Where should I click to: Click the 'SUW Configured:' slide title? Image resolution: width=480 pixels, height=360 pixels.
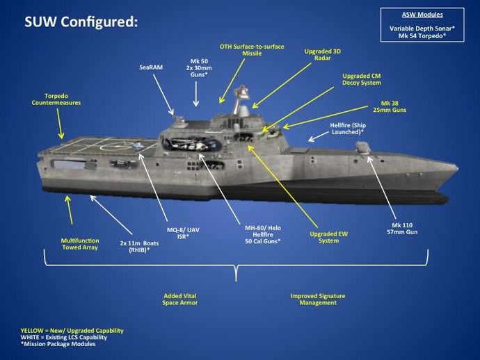tap(81, 22)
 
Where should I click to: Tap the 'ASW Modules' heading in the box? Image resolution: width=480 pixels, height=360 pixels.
tap(422, 15)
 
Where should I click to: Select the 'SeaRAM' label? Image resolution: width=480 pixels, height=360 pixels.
tap(151, 67)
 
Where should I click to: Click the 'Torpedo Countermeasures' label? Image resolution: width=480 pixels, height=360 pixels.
tap(56, 99)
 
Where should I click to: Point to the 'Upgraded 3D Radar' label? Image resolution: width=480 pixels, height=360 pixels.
tap(322, 54)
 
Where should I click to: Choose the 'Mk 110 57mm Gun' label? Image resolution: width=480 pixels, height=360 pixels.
tap(402, 229)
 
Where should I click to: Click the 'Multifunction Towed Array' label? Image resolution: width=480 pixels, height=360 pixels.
tap(80, 244)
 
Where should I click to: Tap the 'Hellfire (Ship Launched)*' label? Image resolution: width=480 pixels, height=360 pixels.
tap(348, 129)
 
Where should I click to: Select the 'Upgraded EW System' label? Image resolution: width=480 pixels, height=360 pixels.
tap(328, 238)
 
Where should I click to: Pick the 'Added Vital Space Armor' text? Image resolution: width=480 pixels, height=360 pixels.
tap(180, 300)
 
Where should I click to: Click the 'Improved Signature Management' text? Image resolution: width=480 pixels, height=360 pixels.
tap(318, 300)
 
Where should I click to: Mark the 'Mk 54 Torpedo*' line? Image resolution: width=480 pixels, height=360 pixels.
tap(422, 36)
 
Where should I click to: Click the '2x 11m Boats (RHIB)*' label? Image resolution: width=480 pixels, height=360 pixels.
tap(139, 247)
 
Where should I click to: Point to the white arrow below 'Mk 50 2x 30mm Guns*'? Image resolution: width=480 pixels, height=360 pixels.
tap(196, 94)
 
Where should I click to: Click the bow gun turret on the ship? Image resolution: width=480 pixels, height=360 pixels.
tap(363, 147)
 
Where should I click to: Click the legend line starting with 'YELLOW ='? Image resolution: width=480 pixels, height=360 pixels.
tap(72, 331)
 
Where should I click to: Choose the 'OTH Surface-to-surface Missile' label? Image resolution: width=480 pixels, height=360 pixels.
tap(252, 50)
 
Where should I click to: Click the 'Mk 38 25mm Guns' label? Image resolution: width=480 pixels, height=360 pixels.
tap(390, 106)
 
